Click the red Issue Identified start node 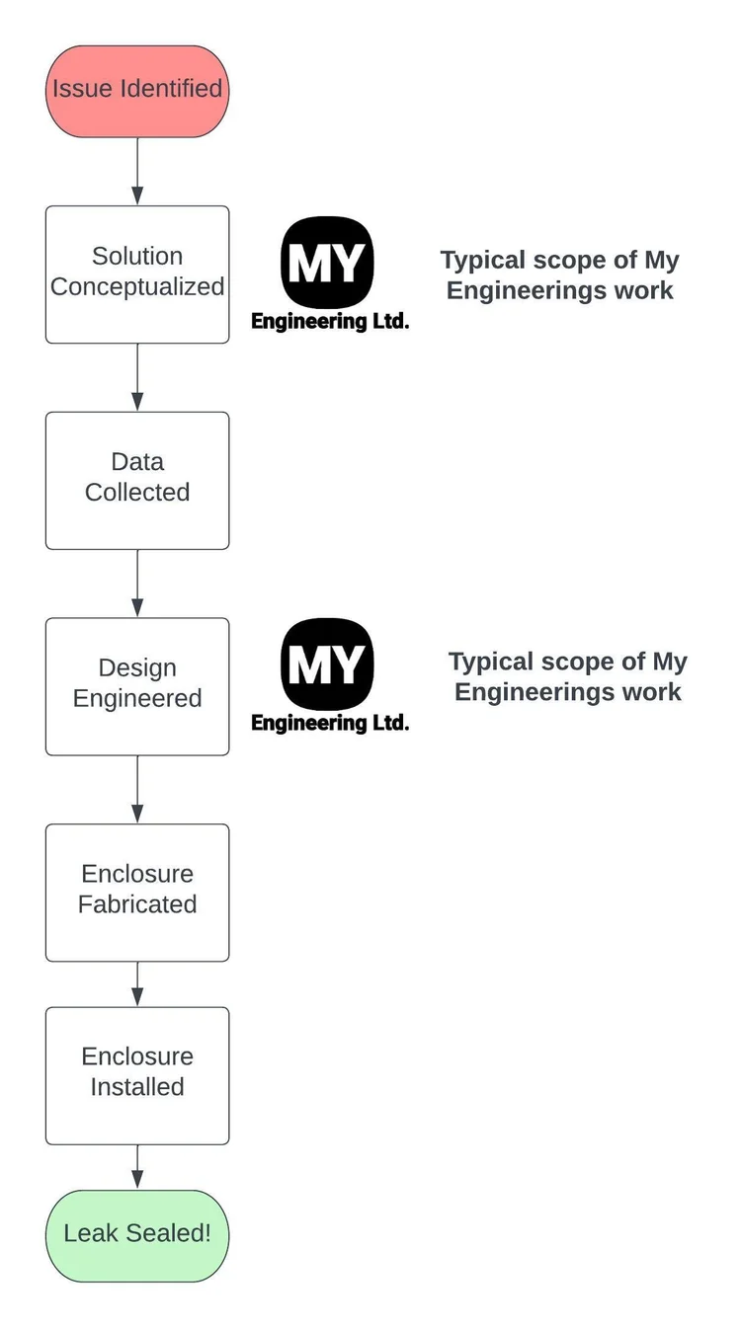pyautogui.click(x=137, y=91)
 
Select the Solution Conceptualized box pyautogui.click(x=137, y=273)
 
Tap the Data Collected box pyautogui.click(x=137, y=480)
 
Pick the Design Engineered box pyautogui.click(x=137, y=686)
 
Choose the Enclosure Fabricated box pyautogui.click(x=137, y=892)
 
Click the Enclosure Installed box pyautogui.click(x=137, y=1074)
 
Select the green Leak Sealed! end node pyautogui.click(x=137, y=1235)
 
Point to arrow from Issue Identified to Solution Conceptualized pyautogui.click(x=137, y=172)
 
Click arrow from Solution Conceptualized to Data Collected pyautogui.click(x=137, y=377)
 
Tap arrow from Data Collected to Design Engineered pyautogui.click(x=137, y=584)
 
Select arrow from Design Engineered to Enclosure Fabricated pyautogui.click(x=137, y=790)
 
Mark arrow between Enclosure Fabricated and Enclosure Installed pyautogui.click(x=137, y=984)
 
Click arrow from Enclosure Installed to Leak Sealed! pyautogui.click(x=137, y=1167)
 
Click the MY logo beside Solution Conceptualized pyautogui.click(x=327, y=262)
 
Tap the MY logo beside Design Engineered pyautogui.click(x=327, y=664)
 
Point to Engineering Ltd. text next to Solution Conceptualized pyautogui.click(x=330, y=321)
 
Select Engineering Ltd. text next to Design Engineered pyautogui.click(x=330, y=723)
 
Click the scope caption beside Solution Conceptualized pyautogui.click(x=560, y=275)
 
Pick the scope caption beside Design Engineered pyautogui.click(x=568, y=676)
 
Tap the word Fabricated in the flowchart pyautogui.click(x=137, y=904)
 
